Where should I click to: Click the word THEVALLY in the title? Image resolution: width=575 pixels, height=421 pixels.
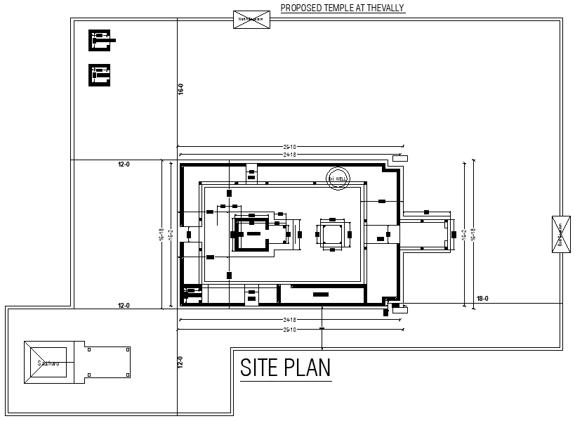[383, 8]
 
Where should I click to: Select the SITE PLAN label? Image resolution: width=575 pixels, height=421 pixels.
[285, 368]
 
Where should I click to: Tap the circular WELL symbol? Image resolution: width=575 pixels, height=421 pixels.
[338, 179]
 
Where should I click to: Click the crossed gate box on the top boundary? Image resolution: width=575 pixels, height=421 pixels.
[251, 19]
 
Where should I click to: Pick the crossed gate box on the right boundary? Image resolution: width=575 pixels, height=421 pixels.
[560, 234]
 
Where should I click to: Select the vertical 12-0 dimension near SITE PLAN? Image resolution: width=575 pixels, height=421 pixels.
[180, 362]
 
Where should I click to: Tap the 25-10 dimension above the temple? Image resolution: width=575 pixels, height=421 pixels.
[289, 147]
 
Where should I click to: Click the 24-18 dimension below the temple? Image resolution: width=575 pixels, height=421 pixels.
[289, 320]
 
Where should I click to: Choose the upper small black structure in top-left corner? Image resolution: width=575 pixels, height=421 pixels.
[100, 40]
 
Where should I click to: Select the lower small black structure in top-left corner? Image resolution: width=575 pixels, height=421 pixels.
[100, 75]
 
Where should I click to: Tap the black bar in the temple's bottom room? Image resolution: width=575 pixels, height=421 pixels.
[321, 294]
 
